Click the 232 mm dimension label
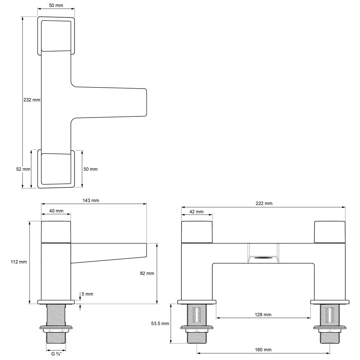(x=32, y=100)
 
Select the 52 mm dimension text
(x=23, y=169)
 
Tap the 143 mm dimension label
(x=91, y=201)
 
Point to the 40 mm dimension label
(x=56, y=211)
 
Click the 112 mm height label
(x=19, y=262)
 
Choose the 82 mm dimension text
(x=147, y=273)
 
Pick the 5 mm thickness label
(x=87, y=294)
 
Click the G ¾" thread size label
(x=56, y=354)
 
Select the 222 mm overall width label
(x=264, y=203)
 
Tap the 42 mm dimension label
(x=196, y=212)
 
